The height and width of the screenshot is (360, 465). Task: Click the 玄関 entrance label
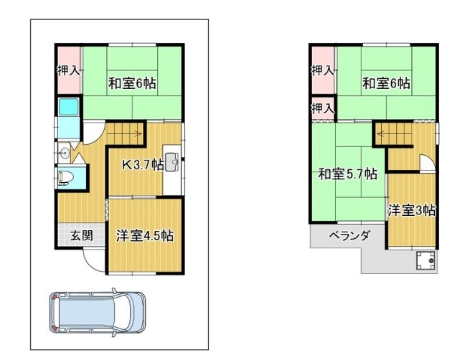82,236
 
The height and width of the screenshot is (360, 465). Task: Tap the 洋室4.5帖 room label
145,236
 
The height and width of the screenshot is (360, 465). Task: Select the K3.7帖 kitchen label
144,164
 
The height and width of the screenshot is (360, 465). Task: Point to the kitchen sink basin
172,162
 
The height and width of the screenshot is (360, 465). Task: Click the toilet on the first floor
66,178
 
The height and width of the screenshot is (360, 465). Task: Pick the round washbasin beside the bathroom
65,153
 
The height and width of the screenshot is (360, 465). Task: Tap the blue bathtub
69,108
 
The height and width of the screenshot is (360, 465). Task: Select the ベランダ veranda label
350,236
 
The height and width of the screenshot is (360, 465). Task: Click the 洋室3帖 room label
412,211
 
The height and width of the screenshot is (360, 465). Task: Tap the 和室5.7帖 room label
347,174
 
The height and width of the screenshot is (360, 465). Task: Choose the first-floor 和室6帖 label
132,83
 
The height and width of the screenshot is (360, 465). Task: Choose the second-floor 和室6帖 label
386,83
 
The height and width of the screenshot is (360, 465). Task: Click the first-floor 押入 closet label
68,70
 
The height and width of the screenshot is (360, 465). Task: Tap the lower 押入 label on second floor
323,109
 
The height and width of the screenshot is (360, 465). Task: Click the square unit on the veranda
426,260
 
